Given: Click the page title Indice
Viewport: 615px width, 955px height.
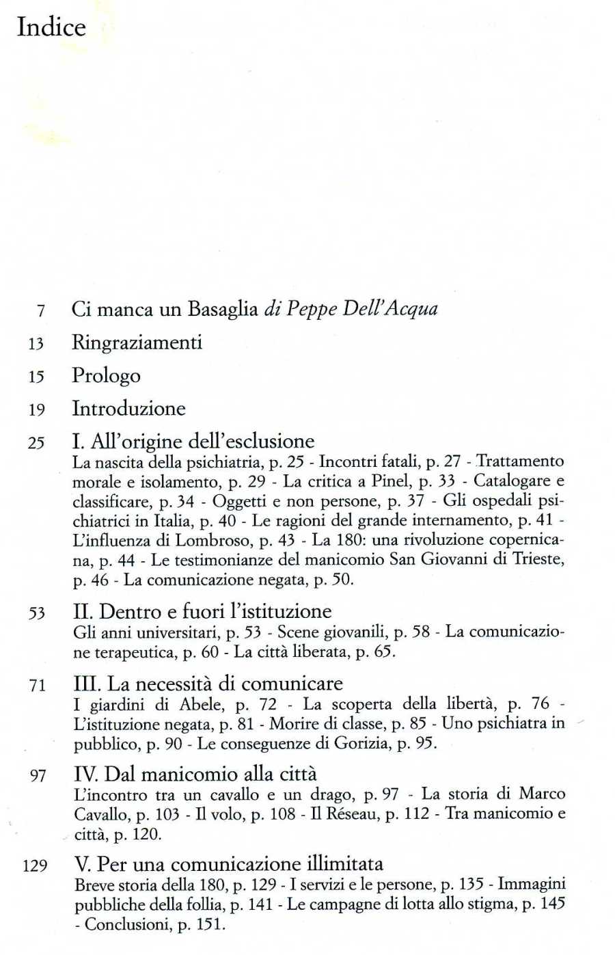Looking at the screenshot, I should click(x=51, y=27).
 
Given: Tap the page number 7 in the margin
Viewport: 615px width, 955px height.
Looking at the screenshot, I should click(x=41, y=311).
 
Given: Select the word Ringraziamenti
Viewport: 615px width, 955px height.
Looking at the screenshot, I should click(x=137, y=342).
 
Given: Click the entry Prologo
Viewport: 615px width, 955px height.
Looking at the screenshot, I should click(x=106, y=375).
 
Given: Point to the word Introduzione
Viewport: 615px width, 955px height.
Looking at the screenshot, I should click(x=128, y=409).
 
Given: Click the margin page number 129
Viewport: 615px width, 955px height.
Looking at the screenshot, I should click(x=35, y=866).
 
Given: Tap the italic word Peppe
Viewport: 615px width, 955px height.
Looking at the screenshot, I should click(x=311, y=309).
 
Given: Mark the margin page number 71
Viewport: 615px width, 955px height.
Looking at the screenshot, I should click(x=38, y=685).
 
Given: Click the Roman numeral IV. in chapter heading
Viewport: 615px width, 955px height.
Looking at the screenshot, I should click(x=86, y=775).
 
